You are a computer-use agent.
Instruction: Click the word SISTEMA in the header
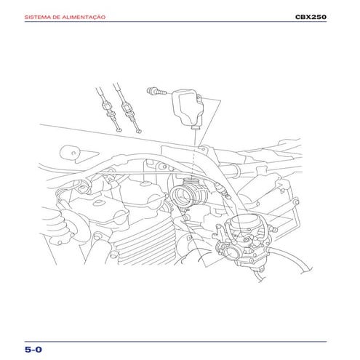(35, 17)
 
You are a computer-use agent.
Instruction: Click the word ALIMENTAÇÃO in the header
(84, 17)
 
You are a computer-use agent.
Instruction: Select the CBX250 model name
(311, 17)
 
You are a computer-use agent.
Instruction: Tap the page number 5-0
(33, 349)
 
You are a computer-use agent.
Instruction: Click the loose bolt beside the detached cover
(156, 91)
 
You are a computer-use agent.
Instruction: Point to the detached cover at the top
(188, 108)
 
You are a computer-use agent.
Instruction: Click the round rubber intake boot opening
(181, 195)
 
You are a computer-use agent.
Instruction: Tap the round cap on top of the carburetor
(245, 220)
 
